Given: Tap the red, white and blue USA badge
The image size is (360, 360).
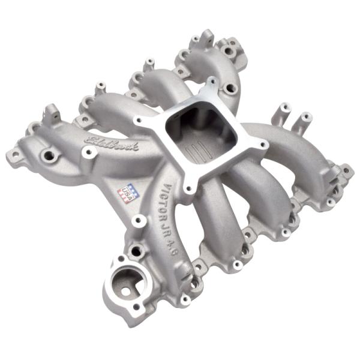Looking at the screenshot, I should pos(127,190).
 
